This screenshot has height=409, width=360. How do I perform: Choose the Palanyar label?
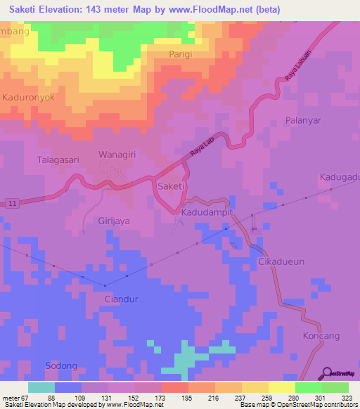303,120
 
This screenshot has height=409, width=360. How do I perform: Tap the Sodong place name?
61,366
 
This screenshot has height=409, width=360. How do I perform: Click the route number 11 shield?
13,203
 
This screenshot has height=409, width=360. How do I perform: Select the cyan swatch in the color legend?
41,387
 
